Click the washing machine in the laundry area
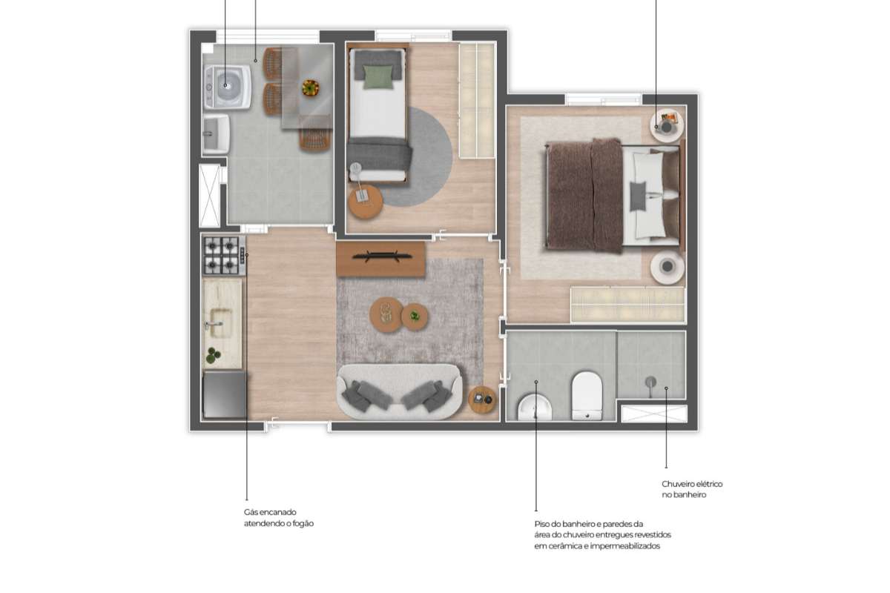(x=228, y=87)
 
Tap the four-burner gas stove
(x=224, y=256)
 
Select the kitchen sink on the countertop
(x=220, y=323)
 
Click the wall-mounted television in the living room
(x=381, y=256)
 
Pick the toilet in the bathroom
(x=587, y=396)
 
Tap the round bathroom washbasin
(x=535, y=407)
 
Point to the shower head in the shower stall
(x=651, y=385)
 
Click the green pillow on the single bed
(x=378, y=76)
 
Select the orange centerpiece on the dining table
(x=310, y=87)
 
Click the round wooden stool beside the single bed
(x=366, y=202)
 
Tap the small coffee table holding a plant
(x=415, y=317)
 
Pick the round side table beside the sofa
(x=482, y=400)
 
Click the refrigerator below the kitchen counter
(x=225, y=394)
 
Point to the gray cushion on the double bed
(x=638, y=196)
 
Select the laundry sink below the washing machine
(x=216, y=134)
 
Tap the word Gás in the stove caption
(x=251, y=512)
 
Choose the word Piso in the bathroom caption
(x=543, y=524)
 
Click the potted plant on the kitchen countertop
(x=214, y=355)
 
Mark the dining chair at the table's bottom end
(x=315, y=139)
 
